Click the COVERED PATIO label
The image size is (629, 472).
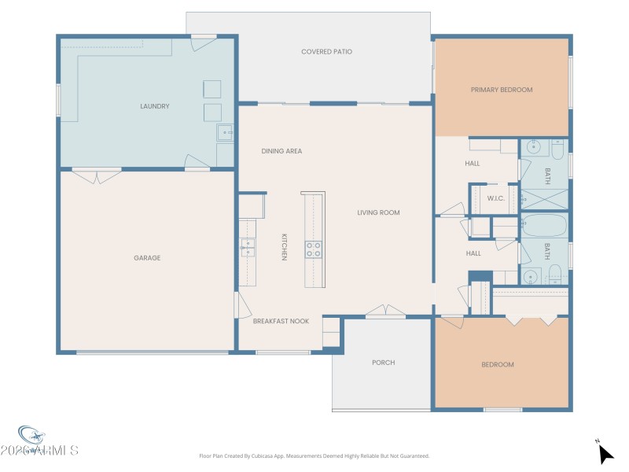coord(326,52)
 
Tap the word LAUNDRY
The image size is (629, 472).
coord(155,106)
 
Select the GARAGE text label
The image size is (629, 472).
coord(147,258)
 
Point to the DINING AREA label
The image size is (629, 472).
coord(281,151)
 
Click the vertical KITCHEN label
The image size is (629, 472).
coord(285,247)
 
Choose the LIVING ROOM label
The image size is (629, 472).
coord(378,212)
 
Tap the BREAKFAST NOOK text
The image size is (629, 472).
coord(281,321)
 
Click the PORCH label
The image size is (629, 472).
coord(383,363)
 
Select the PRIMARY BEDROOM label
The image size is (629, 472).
coord(501,90)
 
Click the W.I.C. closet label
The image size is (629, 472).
coord(495,198)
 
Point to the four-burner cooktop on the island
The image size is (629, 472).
coord(313,249)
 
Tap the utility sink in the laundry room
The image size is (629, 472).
coord(225,133)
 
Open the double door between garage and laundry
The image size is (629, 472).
coord(97,175)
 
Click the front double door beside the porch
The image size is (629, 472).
coord(385,312)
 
